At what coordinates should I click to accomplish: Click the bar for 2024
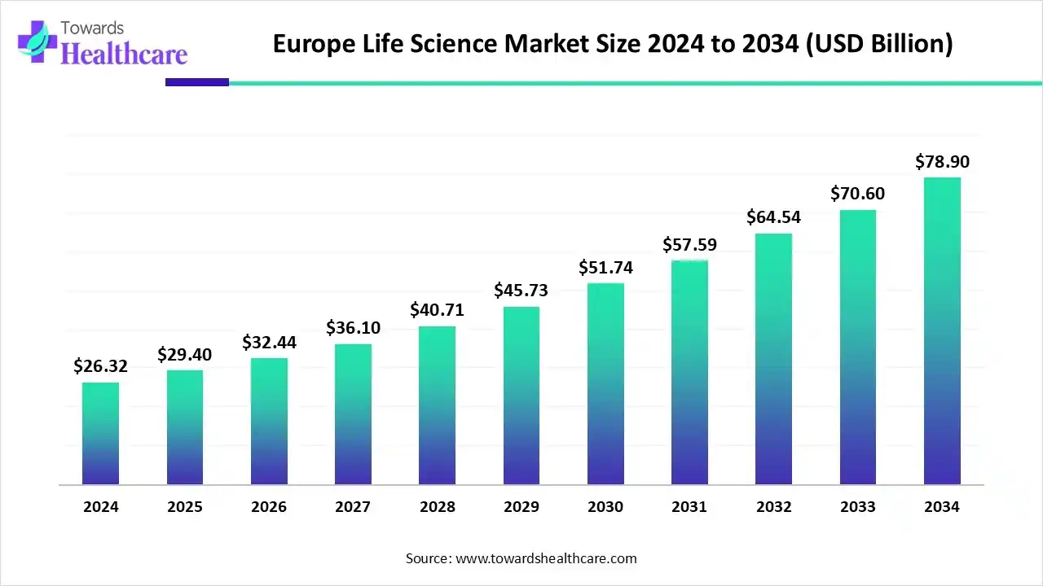(x=100, y=434)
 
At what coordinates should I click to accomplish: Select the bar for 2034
(x=942, y=331)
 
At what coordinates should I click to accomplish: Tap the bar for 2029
(x=521, y=396)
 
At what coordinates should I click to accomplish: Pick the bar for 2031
(x=689, y=372)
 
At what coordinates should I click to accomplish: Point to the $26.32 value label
(x=100, y=366)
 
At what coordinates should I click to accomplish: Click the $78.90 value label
(x=942, y=161)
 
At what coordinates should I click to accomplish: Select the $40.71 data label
(x=438, y=310)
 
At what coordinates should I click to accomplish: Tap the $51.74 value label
(x=605, y=267)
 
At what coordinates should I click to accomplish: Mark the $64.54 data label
(x=773, y=217)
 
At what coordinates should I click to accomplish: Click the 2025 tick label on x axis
(x=185, y=507)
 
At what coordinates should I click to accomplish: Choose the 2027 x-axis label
(x=353, y=507)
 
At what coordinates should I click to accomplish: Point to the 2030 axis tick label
(x=605, y=507)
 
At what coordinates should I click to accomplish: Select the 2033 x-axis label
(x=857, y=507)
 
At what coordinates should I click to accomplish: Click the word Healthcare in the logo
(x=124, y=54)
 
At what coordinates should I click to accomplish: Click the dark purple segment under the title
(x=197, y=82)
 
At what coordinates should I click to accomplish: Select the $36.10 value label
(x=353, y=328)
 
